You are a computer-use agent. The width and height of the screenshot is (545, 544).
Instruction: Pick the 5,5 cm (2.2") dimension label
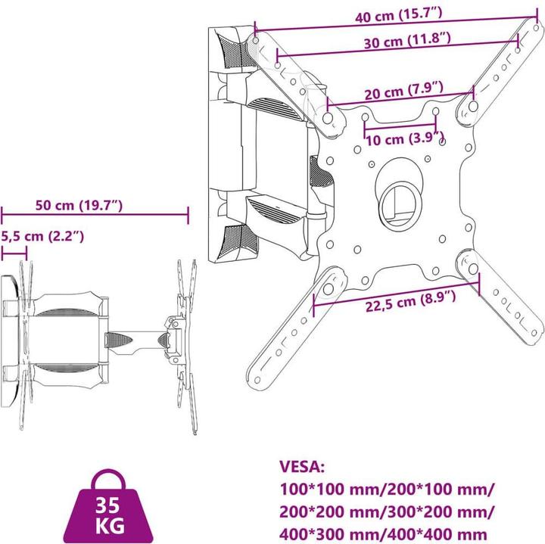pos(42,236)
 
